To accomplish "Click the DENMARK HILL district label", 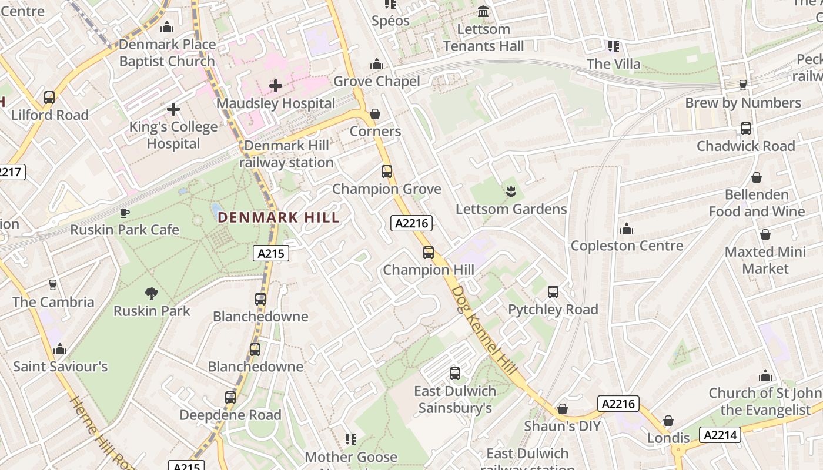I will point(279,217).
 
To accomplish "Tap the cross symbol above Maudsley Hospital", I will point(276,86).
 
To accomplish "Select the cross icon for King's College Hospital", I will point(173,109).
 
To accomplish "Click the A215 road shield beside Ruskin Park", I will point(271,253).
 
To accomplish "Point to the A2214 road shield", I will point(720,435).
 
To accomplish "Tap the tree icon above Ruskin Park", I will point(152,293).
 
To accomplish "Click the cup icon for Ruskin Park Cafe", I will point(124,213).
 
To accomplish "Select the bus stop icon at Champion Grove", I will point(387,172).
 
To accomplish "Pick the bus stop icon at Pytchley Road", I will point(553,292).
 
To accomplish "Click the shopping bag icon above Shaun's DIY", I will point(563,409).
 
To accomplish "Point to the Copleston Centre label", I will point(627,246).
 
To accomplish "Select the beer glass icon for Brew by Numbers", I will point(742,85).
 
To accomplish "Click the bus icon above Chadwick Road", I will point(745,129).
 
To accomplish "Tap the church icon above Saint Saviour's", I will point(60,350).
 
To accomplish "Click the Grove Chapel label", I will point(377,81).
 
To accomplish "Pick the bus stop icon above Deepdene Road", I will point(230,398).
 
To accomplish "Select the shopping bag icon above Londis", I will point(668,421).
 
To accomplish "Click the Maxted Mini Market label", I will point(765,260).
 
